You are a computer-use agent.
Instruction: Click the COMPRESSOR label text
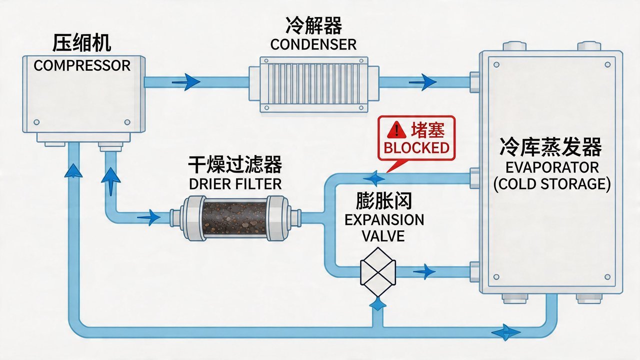pos(82,65)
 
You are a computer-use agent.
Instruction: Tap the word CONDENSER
pos(313,44)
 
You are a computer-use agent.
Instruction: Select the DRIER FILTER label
pos(235,183)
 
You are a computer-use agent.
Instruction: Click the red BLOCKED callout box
pos(417,138)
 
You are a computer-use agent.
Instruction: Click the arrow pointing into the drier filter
pos(148,217)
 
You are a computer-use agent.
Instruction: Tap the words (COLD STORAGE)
pos(552,184)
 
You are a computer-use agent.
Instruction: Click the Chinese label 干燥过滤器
pos(235,164)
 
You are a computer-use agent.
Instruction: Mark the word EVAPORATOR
pos(552,166)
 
